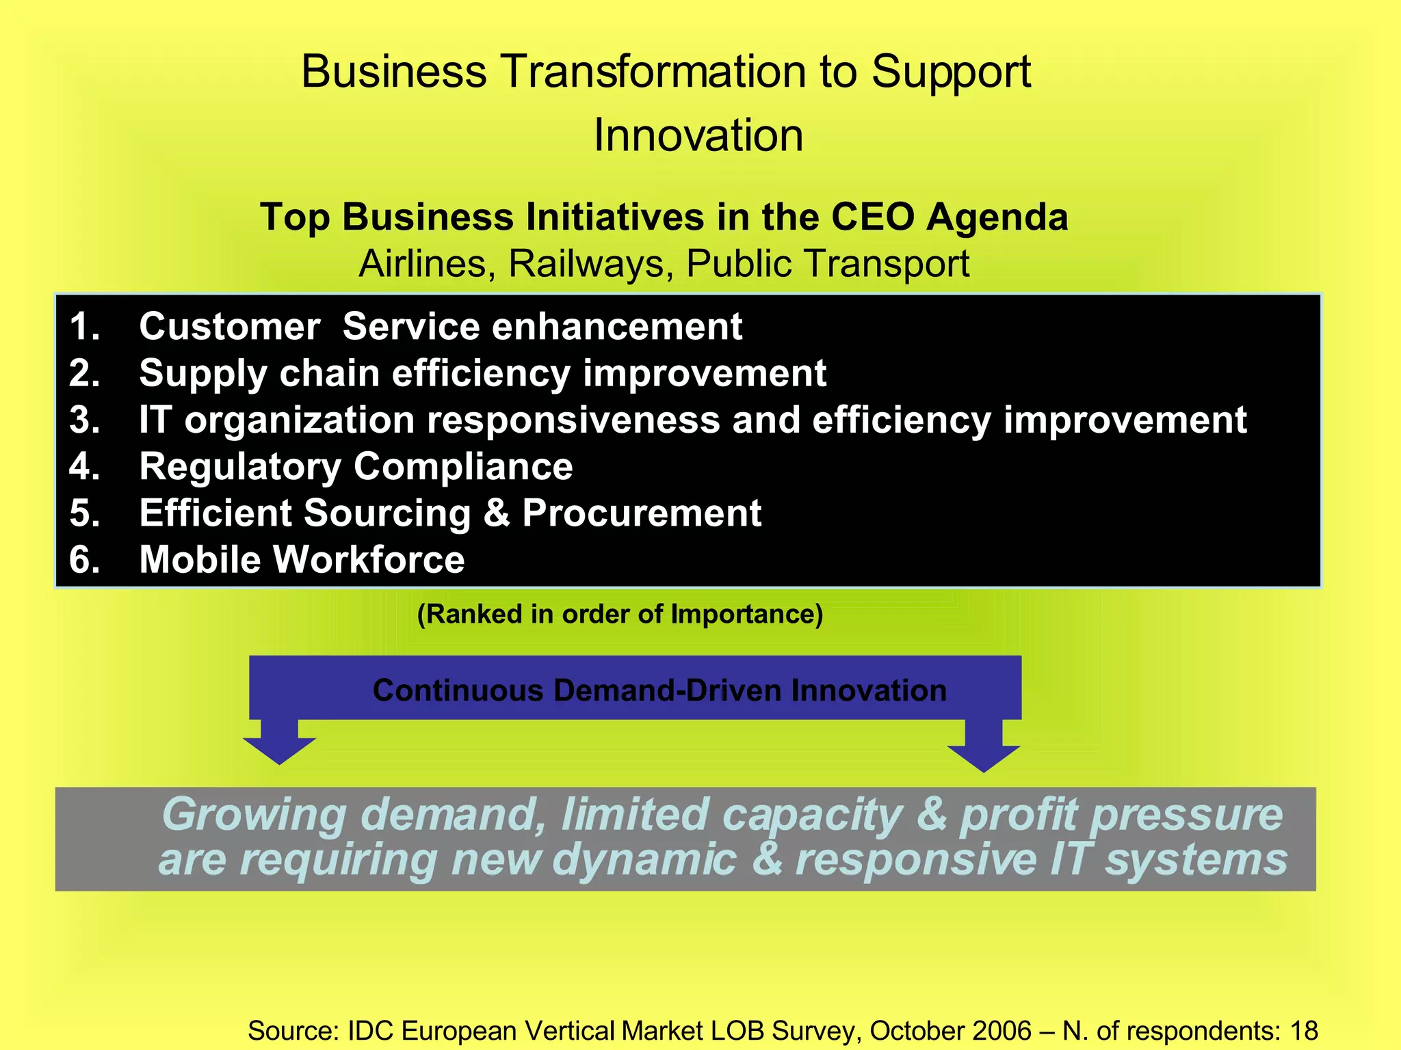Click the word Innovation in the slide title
pyautogui.click(x=698, y=135)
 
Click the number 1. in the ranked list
pyautogui.click(x=85, y=326)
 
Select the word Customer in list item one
pyautogui.click(x=229, y=326)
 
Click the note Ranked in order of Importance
pyautogui.click(x=620, y=614)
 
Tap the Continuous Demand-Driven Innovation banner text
pyautogui.click(x=659, y=690)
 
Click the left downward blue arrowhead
pyautogui.click(x=279, y=750)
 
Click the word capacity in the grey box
pyautogui.click(x=812, y=815)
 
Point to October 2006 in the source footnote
pyautogui.click(x=950, y=1030)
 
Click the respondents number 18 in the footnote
pyautogui.click(x=1303, y=1030)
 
